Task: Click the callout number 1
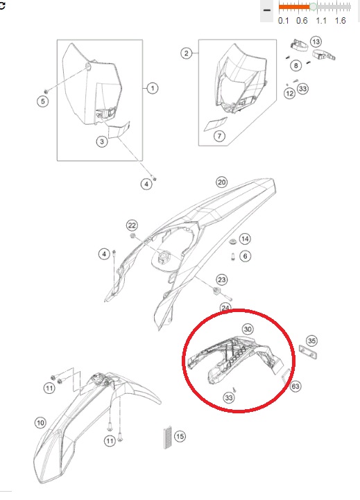click(x=153, y=88)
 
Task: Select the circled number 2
click(x=187, y=53)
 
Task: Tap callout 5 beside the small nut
click(x=43, y=101)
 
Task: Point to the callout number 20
click(x=221, y=182)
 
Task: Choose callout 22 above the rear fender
click(x=132, y=225)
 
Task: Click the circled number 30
click(x=248, y=329)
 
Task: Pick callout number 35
click(x=311, y=340)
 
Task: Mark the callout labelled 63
click(x=295, y=386)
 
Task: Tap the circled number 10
click(x=40, y=423)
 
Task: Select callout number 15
click(x=180, y=436)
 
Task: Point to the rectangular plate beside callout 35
click(x=308, y=352)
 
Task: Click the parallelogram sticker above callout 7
click(x=216, y=124)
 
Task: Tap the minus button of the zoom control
click(x=267, y=10)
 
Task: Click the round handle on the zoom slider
click(x=313, y=6)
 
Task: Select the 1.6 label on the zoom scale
click(x=340, y=21)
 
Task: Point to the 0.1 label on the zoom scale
click(x=283, y=21)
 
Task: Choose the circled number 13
click(x=316, y=42)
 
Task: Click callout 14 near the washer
click(x=245, y=239)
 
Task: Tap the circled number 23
click(x=221, y=279)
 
